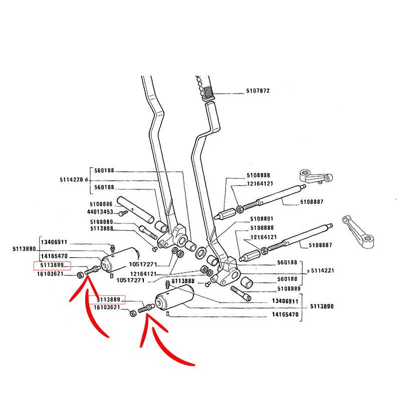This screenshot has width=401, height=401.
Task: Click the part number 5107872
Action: click(x=258, y=91)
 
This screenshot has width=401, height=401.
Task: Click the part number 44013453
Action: click(x=100, y=212)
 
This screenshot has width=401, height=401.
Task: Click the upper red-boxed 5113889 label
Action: click(x=52, y=266)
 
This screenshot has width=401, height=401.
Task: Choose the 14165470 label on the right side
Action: click(x=285, y=315)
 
